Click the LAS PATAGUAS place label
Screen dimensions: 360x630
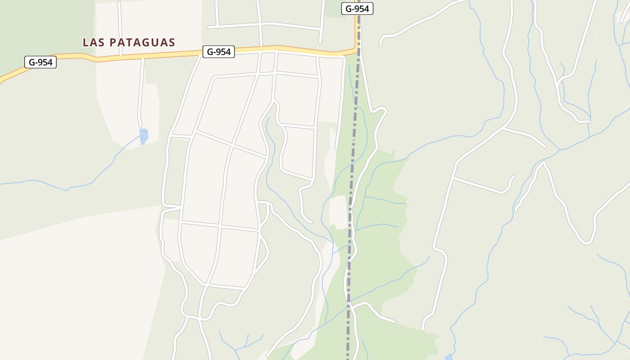[129, 42]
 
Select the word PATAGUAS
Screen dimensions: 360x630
[142, 42]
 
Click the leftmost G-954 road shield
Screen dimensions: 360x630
[40, 62]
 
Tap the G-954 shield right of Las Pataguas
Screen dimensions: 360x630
[219, 52]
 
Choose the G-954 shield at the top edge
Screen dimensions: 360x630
[357, 9]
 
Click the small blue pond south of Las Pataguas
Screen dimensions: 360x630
[144, 136]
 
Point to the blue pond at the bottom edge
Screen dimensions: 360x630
[449, 357]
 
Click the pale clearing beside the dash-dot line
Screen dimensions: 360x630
[338, 211]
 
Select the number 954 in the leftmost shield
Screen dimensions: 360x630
[45, 62]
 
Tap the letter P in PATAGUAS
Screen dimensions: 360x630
[113, 42]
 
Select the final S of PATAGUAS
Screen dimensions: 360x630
[171, 42]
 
